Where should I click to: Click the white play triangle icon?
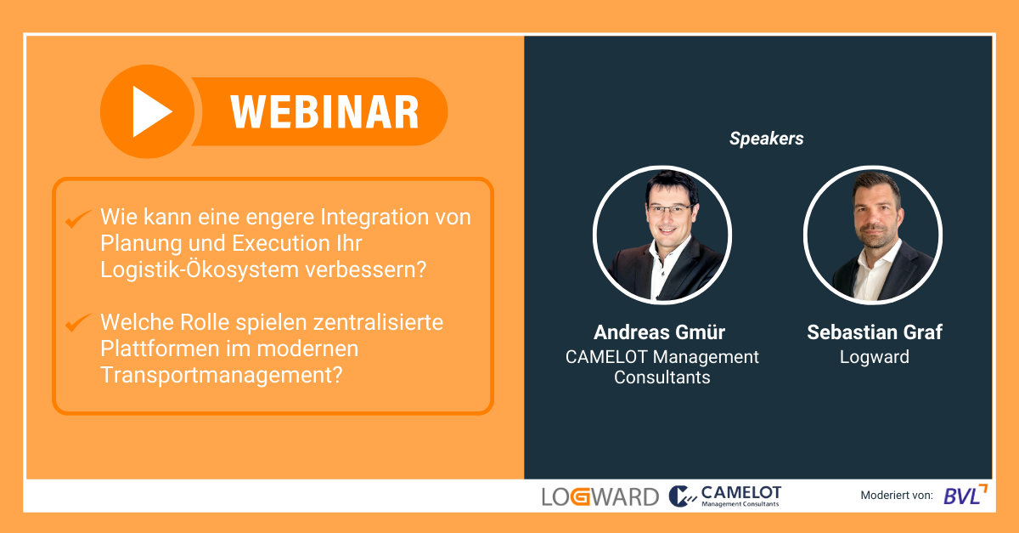[149, 111]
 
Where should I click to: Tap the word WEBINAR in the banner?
[324, 112]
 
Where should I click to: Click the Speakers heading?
[767, 139]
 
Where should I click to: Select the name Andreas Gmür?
[659, 332]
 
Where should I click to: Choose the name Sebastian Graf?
[875, 332]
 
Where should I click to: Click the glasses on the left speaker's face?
[670, 210]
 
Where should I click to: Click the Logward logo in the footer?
[600, 496]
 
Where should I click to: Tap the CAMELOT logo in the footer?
[725, 496]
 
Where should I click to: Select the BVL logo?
[966, 495]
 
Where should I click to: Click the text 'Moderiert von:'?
[896, 496]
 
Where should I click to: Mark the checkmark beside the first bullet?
[78, 218]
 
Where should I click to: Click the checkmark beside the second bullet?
[78, 322]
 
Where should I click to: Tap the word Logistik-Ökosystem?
[200, 269]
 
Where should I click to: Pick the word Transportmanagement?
[221, 375]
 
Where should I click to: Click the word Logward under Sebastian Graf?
[875, 357]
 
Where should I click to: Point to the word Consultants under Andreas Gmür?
[662, 377]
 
